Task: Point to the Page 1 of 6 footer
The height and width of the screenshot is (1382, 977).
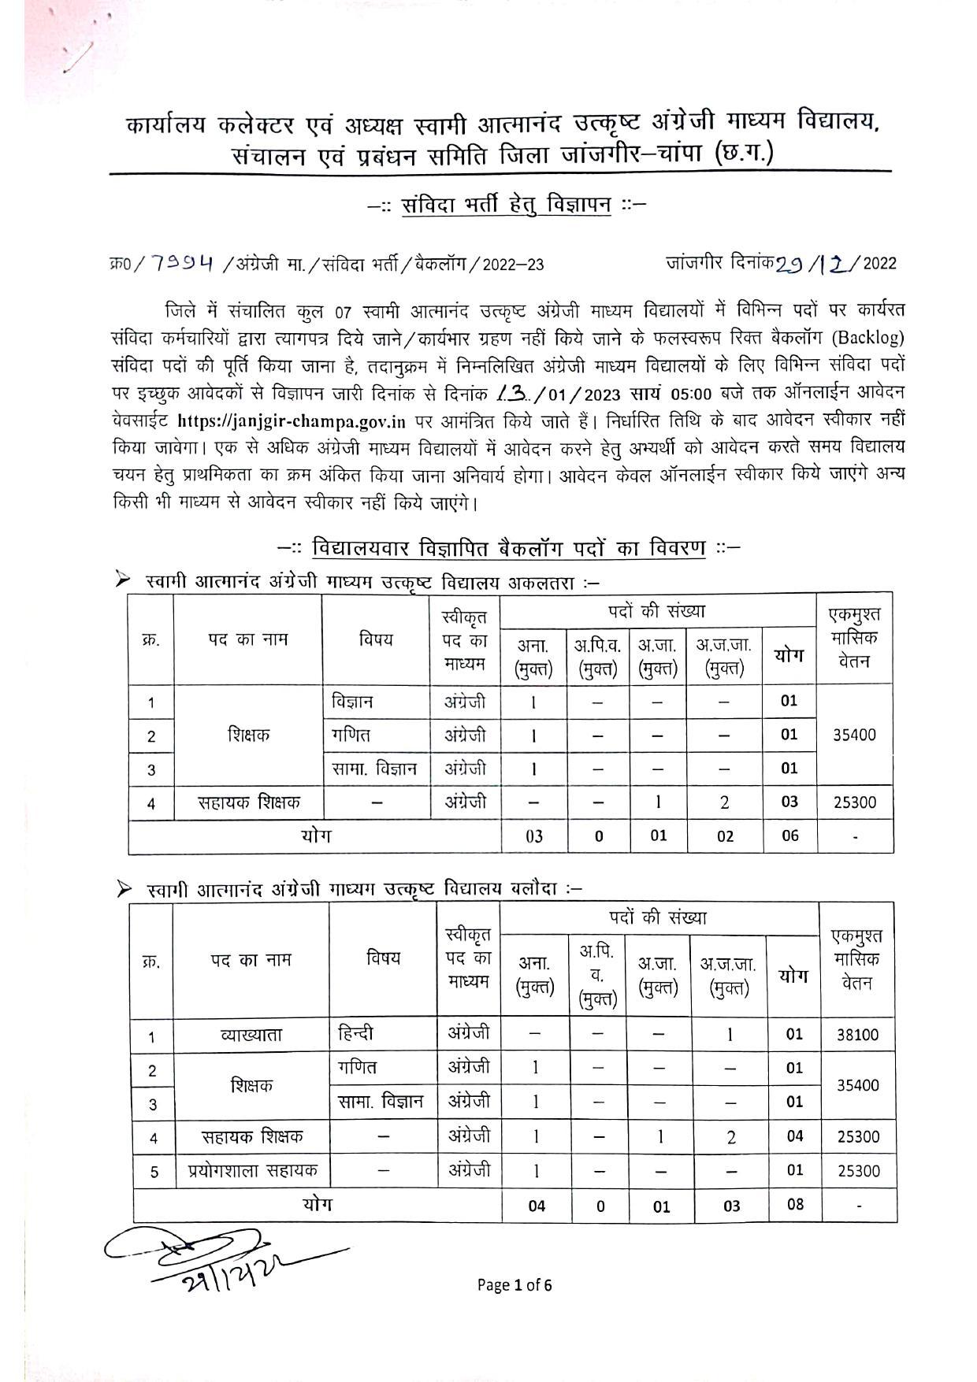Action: [x=514, y=1285]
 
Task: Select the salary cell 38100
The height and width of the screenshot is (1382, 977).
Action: [x=856, y=1035]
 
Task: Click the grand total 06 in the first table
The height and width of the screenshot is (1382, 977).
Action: [x=789, y=835]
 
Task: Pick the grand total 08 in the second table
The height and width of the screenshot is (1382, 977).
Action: [x=794, y=1204]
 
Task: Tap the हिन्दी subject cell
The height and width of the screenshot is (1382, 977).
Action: [x=355, y=1033]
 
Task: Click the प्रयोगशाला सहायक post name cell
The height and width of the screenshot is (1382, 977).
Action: [x=252, y=1170]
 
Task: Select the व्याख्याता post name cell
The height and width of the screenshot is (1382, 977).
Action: [x=251, y=1035]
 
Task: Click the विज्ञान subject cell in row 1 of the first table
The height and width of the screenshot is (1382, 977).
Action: [x=352, y=701]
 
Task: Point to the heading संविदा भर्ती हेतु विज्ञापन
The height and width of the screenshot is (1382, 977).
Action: [x=507, y=205]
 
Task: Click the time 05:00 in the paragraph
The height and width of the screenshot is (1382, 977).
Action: [x=691, y=394]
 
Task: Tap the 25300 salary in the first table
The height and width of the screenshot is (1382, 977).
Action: [x=854, y=802]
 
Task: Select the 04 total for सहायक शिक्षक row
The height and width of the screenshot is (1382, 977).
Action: [x=794, y=1136]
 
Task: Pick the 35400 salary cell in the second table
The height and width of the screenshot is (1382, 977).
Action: [x=856, y=1085]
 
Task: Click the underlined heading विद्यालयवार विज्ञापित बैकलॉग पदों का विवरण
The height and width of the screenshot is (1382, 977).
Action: [x=508, y=547]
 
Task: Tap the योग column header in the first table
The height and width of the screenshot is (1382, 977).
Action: [x=789, y=655]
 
